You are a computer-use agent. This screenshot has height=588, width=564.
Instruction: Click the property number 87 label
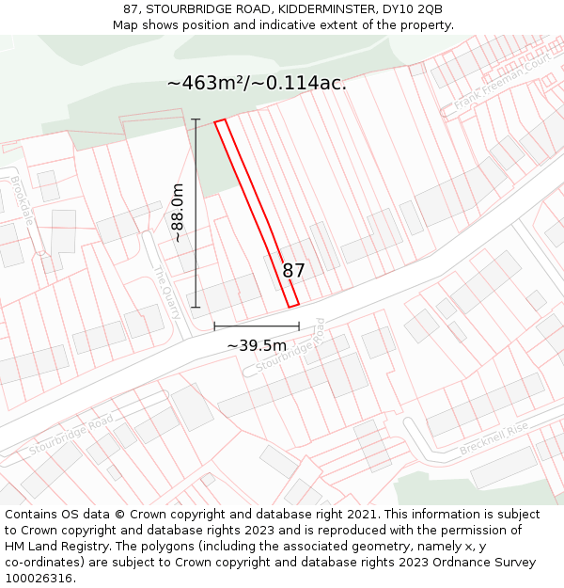293,271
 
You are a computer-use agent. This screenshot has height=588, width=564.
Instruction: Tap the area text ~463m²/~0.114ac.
257,83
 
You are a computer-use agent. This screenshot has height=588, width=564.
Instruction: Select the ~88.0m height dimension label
177,214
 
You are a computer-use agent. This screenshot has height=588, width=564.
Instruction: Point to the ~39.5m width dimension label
257,345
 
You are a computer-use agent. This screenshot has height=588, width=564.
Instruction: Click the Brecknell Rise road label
494,440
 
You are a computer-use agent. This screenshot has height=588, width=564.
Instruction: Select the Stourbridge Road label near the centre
290,345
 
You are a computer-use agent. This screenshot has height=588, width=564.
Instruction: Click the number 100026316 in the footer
39,578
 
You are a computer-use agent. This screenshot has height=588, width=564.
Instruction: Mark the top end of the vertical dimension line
196,119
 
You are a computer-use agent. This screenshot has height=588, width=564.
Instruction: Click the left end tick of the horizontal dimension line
215,326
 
